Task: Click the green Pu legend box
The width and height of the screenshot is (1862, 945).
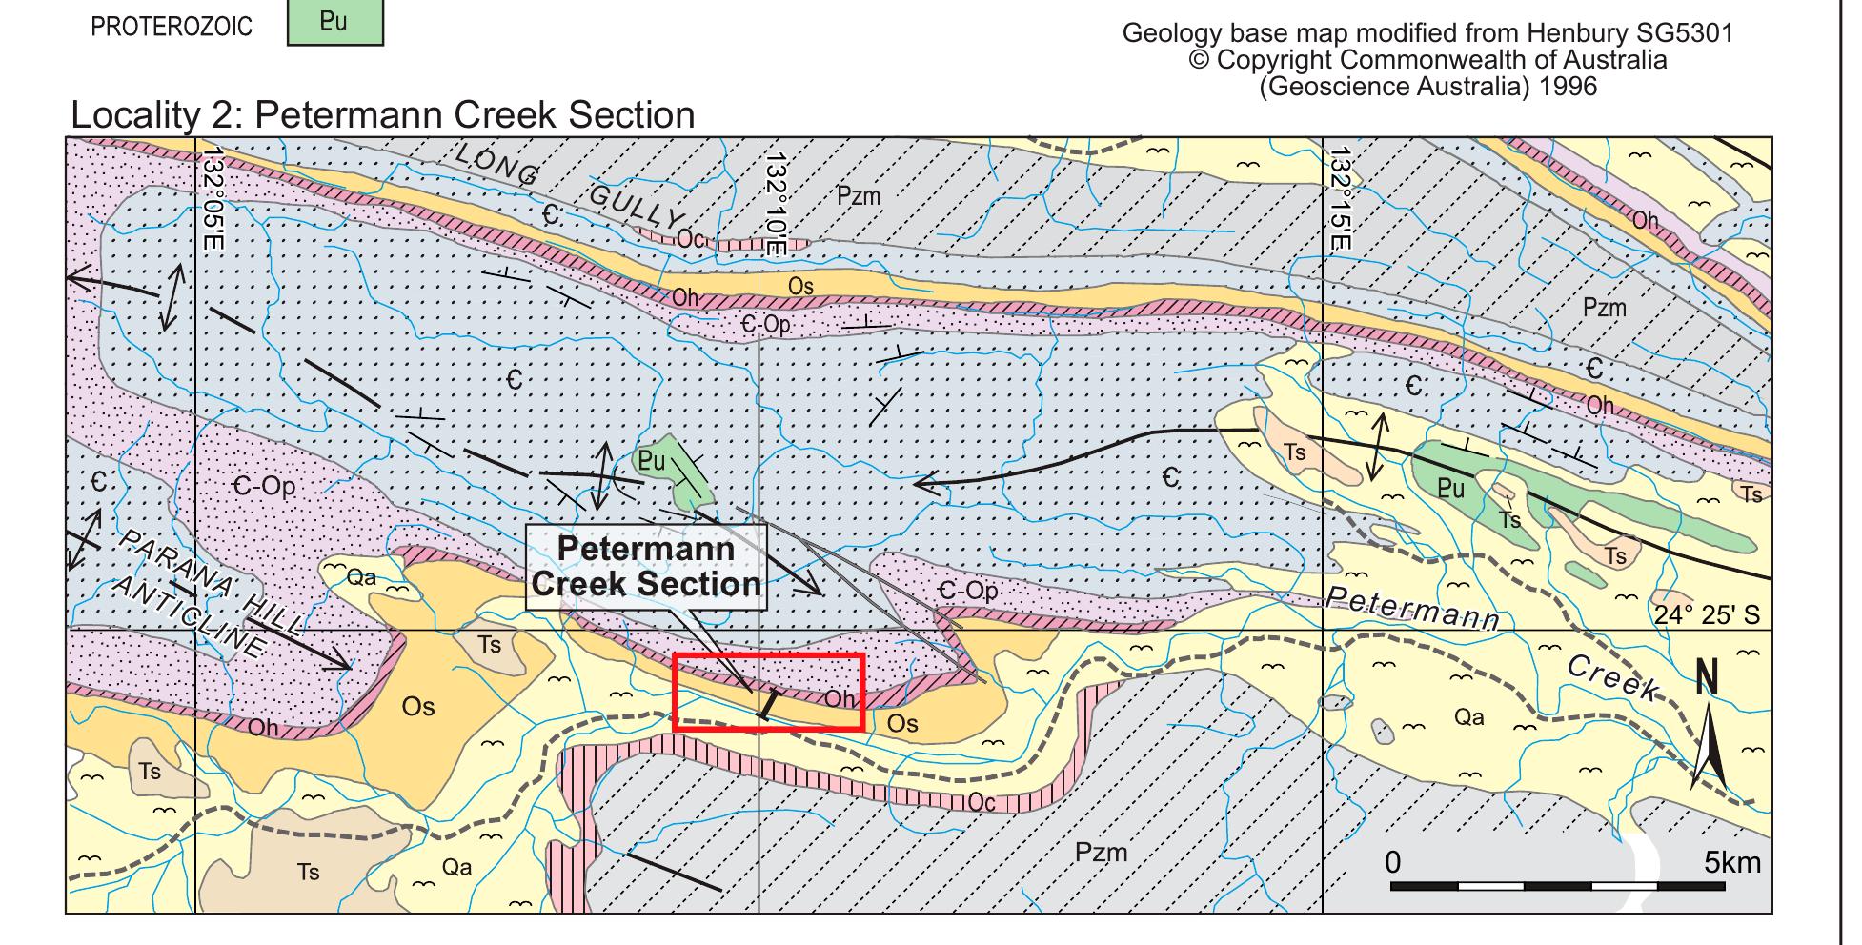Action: [334, 24]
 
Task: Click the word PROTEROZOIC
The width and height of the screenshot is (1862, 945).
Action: [172, 27]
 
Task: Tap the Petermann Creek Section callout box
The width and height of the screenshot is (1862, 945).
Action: [646, 567]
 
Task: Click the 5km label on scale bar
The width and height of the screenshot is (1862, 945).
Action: [1731, 863]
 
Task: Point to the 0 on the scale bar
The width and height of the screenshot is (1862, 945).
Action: [1393, 863]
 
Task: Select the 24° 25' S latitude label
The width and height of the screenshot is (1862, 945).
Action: [1707, 614]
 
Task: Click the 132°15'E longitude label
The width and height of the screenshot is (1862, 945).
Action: [1340, 200]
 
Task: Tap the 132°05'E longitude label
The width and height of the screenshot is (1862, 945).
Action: [212, 200]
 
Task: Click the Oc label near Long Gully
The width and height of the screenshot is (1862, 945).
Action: [691, 239]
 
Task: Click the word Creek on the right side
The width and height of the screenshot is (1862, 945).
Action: [1613, 680]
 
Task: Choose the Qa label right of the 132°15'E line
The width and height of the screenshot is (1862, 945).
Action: [1468, 716]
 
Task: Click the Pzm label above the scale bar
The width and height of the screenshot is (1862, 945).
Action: [1101, 852]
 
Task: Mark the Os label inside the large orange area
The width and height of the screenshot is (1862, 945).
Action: [417, 706]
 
